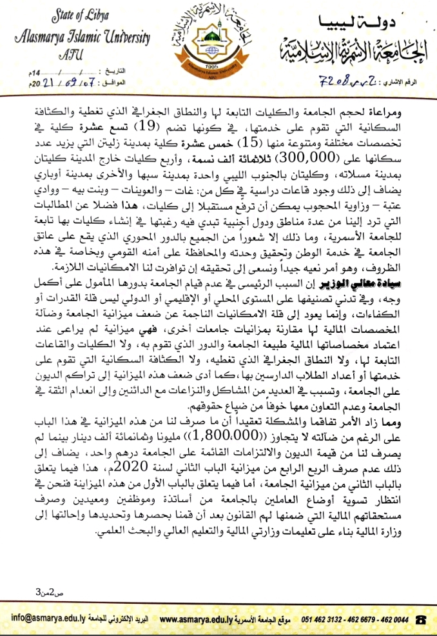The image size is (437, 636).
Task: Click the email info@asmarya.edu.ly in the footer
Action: click(x=48, y=619)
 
